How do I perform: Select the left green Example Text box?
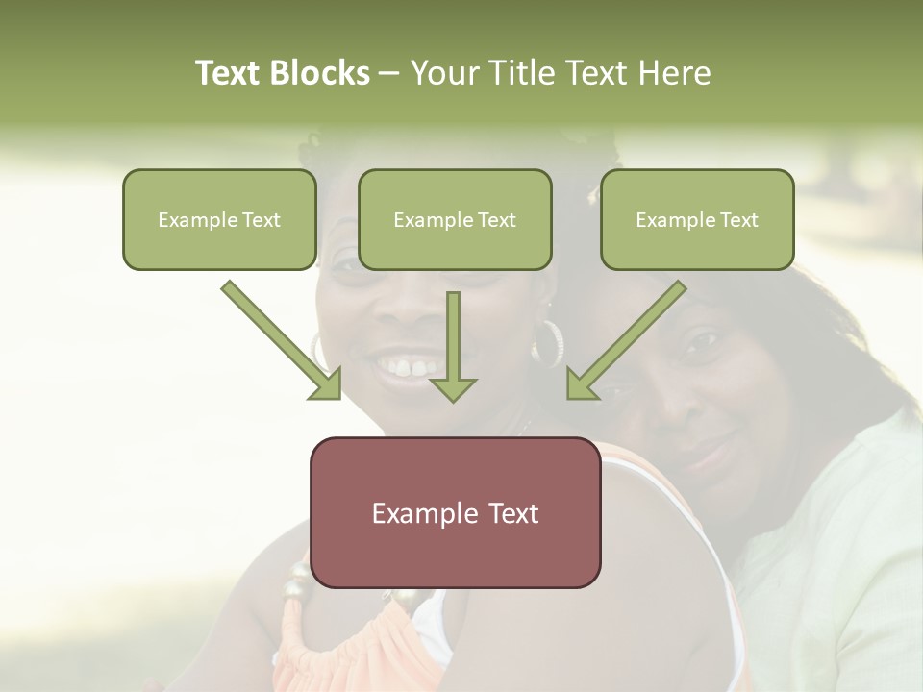[x=219, y=220]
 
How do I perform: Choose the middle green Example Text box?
[x=455, y=220]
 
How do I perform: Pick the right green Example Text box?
[x=697, y=220]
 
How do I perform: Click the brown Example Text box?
[x=455, y=513]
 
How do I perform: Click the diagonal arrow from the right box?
[x=629, y=337]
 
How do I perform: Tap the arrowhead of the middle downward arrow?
[x=453, y=388]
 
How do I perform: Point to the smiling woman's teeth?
[x=409, y=366]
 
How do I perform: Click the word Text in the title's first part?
[x=230, y=74]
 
